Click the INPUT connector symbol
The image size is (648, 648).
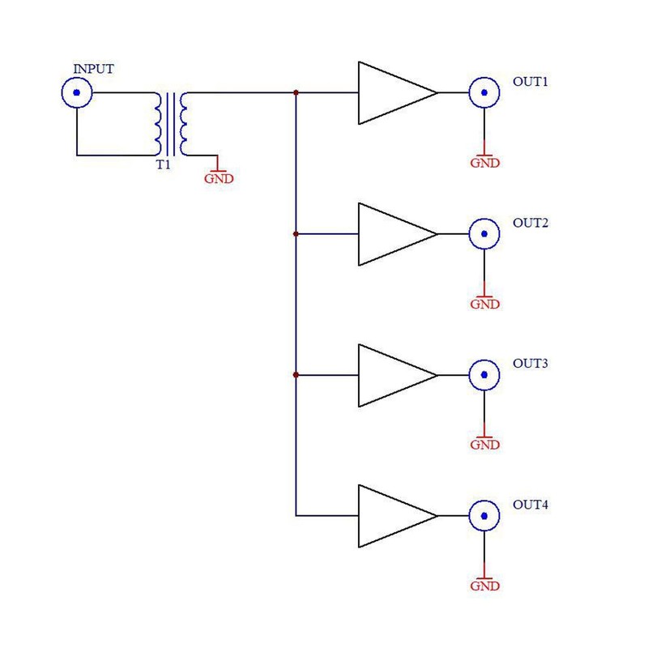(77, 93)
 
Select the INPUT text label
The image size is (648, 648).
(94, 69)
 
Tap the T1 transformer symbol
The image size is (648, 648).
(171, 124)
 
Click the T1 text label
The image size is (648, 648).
(164, 165)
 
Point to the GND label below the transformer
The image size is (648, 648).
(218, 178)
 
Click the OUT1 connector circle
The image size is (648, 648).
(484, 93)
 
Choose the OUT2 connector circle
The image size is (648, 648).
(484, 234)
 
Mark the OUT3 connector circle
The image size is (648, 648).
(484, 375)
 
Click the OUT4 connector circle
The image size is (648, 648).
(484, 515)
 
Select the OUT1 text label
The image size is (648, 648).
(531, 82)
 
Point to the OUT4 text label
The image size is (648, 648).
(531, 505)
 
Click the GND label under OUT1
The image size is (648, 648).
(484, 163)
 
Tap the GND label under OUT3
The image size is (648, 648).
(484, 445)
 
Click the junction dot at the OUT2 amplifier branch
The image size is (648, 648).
(296, 234)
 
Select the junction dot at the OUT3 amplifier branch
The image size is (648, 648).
(296, 375)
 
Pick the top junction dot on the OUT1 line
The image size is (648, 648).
(296, 93)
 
